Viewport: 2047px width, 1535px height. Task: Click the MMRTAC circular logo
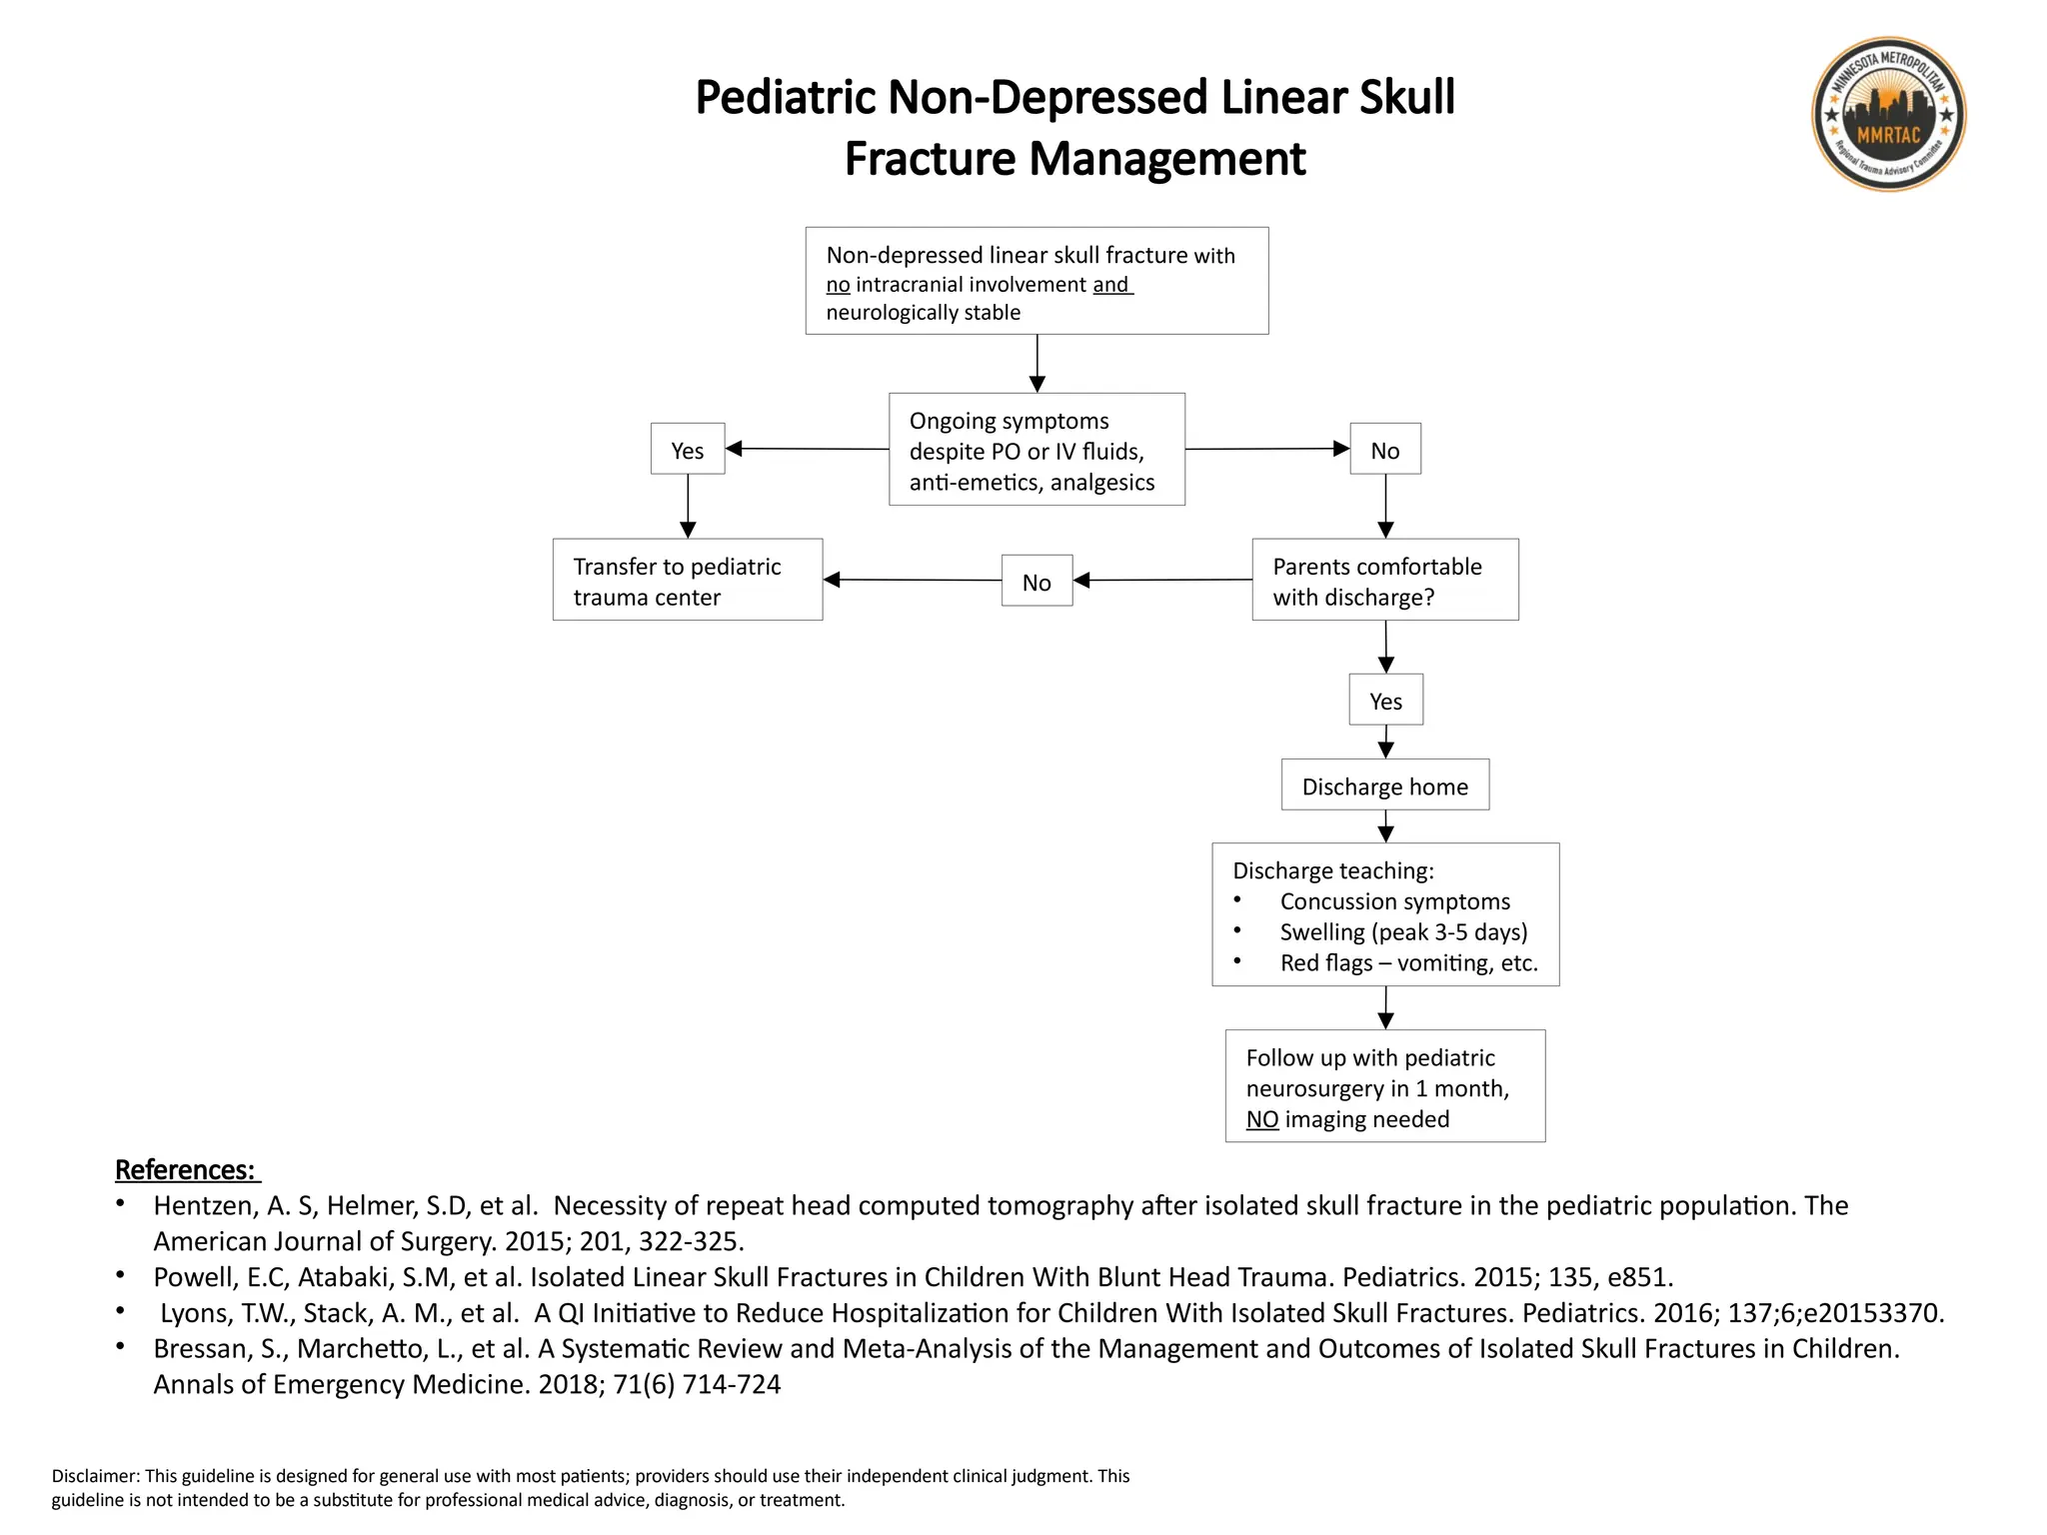(x=1888, y=115)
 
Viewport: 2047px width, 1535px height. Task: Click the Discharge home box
(x=1384, y=785)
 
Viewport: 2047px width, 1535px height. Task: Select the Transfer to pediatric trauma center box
(x=688, y=581)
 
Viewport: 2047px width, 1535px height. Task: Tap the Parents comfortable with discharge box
(x=1384, y=581)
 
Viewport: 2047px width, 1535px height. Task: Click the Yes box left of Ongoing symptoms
(x=688, y=450)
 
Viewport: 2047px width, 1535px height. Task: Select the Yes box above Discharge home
(x=1385, y=701)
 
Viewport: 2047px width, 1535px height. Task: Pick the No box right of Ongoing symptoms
(x=1384, y=450)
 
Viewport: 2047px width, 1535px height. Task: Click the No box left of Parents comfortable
(x=1036, y=582)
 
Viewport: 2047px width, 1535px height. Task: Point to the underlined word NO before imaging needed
(x=1261, y=1119)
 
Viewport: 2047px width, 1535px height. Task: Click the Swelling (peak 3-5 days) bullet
(x=1403, y=932)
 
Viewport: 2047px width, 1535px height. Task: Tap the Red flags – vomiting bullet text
(x=1408, y=963)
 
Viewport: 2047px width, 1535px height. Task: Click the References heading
(x=186, y=1169)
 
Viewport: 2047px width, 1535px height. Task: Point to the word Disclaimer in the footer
(x=95, y=1476)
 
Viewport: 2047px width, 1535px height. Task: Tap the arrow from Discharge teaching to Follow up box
(x=1385, y=1007)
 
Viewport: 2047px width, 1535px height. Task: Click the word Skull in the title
(x=1406, y=98)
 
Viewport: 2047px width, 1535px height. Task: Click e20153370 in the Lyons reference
(x=1873, y=1313)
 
